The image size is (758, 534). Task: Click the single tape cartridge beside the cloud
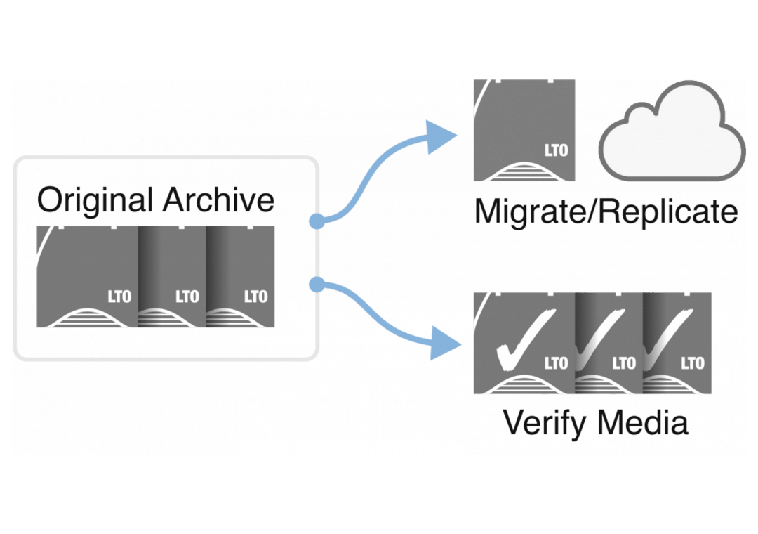[524, 130]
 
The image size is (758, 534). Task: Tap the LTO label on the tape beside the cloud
[556, 150]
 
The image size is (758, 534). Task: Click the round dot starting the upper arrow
[317, 221]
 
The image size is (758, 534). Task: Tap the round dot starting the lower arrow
[317, 284]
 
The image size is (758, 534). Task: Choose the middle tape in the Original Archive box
[171, 276]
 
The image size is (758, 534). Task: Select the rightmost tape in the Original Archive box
[241, 276]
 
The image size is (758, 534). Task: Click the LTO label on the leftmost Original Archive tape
[119, 297]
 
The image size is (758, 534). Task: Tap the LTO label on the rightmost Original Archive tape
[255, 297]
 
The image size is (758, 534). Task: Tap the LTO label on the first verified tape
[556, 363]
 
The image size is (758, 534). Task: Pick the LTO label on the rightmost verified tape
[692, 363]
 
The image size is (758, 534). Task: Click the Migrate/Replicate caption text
[606, 211]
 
